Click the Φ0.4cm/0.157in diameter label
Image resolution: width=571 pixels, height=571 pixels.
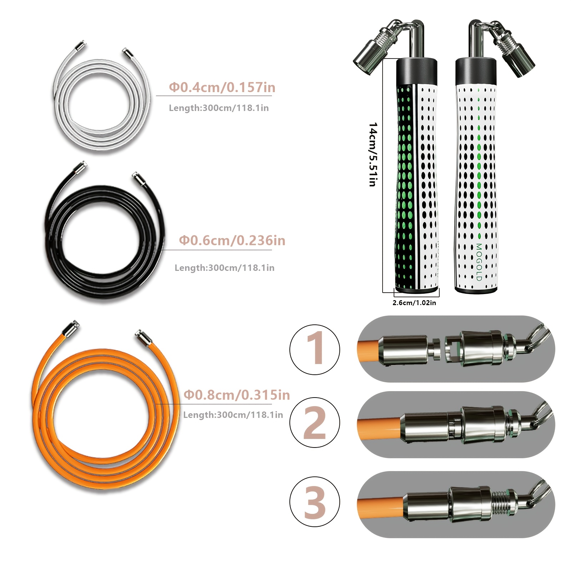[x=222, y=87]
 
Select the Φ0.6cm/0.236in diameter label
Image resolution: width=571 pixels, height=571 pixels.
[x=232, y=241]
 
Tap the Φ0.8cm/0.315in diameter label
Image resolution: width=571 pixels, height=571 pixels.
[x=237, y=395]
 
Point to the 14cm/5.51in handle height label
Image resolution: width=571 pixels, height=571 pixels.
[x=373, y=155]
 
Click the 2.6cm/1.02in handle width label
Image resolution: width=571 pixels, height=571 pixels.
[x=414, y=303]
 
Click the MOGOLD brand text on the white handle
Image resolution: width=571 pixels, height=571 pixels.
[x=479, y=262]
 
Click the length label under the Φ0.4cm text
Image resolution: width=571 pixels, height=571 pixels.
[x=219, y=108]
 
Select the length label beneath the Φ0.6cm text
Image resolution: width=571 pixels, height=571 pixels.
[x=224, y=268]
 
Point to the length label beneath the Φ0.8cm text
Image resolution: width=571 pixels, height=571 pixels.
[x=233, y=415]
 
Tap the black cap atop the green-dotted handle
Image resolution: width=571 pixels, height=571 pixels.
[x=417, y=71]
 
